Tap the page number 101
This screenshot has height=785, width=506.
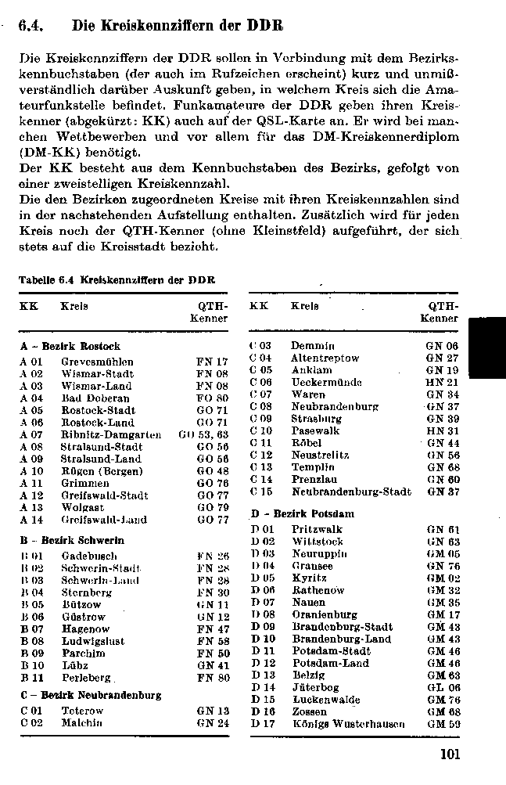pos(450,754)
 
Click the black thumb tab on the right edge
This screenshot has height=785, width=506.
pos(487,348)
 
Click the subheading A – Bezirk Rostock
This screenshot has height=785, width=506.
pos(70,346)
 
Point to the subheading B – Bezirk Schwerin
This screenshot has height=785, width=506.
pos(72,541)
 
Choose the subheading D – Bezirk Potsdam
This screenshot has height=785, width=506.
pos(302,514)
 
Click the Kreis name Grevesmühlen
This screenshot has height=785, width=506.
pos(97,362)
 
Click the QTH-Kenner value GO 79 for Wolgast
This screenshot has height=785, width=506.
pos(212,507)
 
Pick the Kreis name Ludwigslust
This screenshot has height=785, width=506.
pos(94,640)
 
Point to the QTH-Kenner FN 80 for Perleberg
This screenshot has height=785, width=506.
pos(213,677)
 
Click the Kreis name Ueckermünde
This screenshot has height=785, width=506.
pos(326,382)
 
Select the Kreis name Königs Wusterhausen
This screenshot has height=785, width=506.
pos(348,724)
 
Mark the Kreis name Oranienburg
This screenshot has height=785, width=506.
pos(324,615)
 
